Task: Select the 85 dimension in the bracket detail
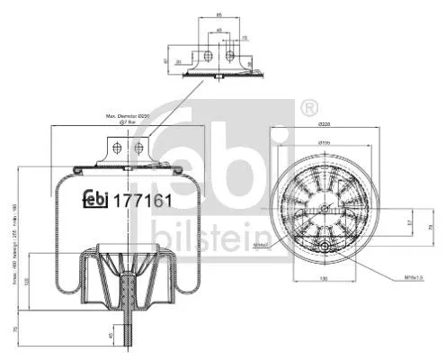219,16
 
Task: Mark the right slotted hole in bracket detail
231,57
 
